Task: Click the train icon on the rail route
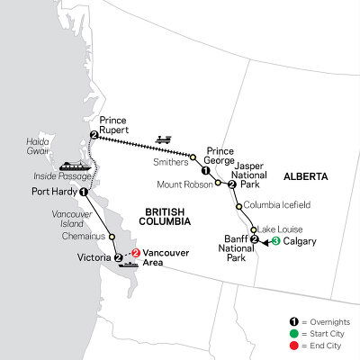pyautogui.click(x=163, y=139)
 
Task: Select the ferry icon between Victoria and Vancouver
pyautogui.click(x=130, y=263)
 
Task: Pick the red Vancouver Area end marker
pyautogui.click(x=137, y=254)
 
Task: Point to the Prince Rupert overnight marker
pyautogui.click(x=94, y=135)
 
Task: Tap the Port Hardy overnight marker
pyautogui.click(x=84, y=192)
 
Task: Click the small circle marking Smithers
pyautogui.click(x=191, y=157)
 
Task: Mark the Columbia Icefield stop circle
pyautogui.click(x=238, y=206)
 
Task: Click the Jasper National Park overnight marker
pyautogui.click(x=232, y=184)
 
